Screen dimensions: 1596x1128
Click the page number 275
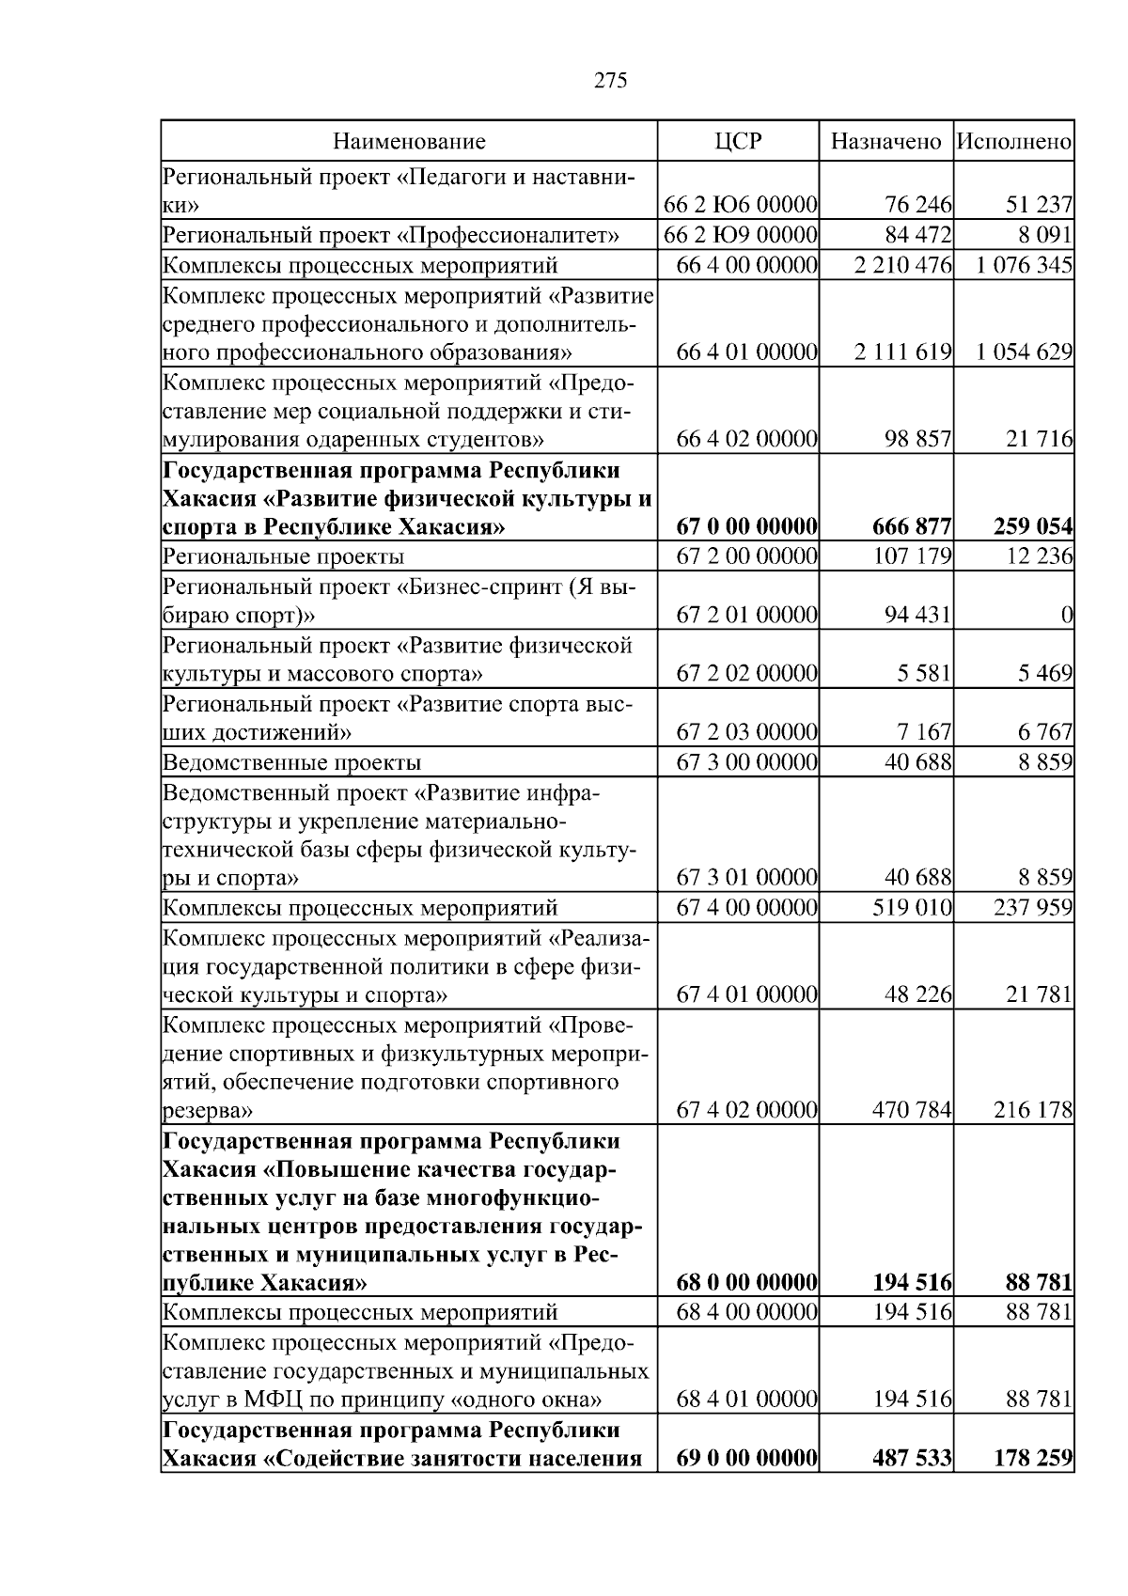point(611,81)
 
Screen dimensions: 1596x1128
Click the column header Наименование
point(409,142)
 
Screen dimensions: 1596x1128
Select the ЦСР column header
point(738,142)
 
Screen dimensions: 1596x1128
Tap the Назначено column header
point(885,142)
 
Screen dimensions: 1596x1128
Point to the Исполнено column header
point(1014,142)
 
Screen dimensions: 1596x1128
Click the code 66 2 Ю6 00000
point(740,205)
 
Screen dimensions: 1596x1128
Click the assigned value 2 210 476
point(903,264)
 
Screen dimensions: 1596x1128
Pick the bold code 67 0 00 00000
point(746,527)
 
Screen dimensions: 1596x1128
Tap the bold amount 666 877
point(913,527)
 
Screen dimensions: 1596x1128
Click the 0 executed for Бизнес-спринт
point(1066,616)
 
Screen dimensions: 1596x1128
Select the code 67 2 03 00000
point(746,731)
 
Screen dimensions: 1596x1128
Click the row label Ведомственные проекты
point(292,762)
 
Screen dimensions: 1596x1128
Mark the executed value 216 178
point(1032,1111)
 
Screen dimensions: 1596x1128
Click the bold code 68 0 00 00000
point(746,1283)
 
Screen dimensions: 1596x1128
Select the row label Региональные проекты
point(284,556)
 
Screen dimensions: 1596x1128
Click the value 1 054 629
point(1024,352)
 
